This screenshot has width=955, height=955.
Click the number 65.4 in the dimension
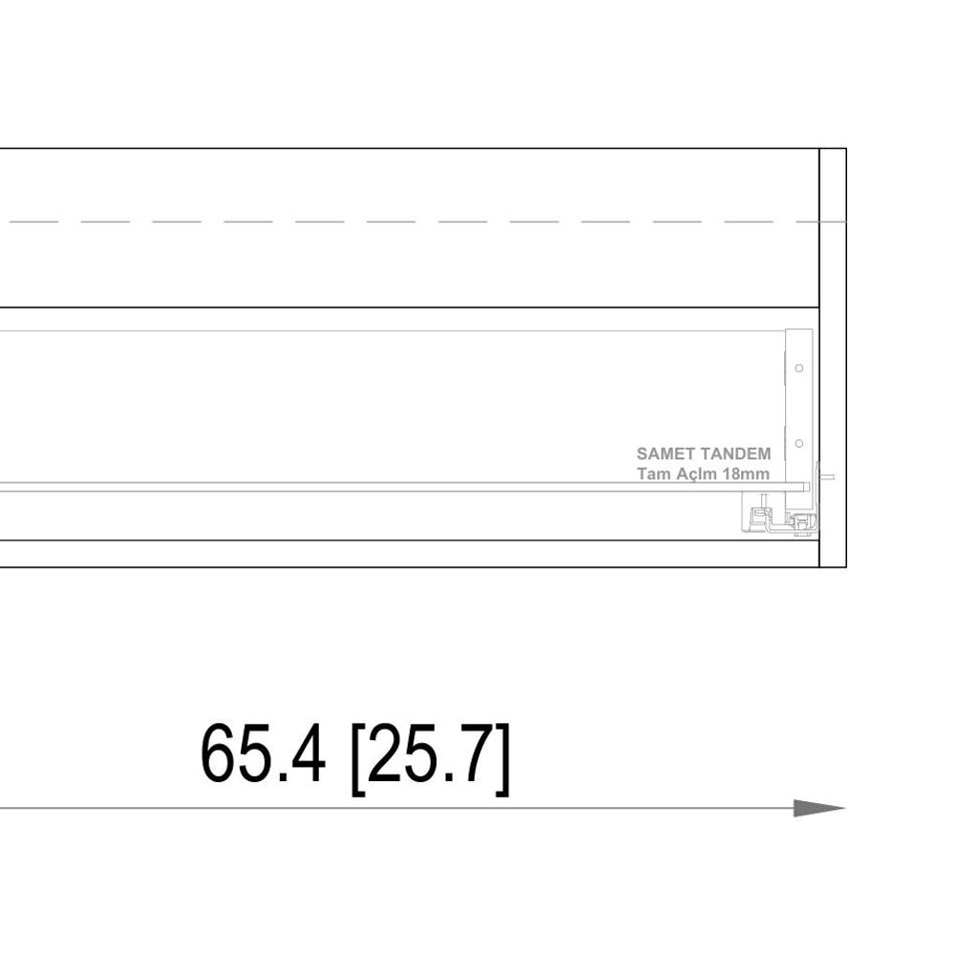coord(263,754)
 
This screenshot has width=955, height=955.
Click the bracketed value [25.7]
coord(430,758)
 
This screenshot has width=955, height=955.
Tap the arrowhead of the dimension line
coord(819,808)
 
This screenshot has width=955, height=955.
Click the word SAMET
coord(665,454)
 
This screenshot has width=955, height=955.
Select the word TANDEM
coord(734,454)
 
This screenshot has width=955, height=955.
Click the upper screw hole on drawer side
coord(799,368)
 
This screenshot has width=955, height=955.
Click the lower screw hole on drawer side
coord(799,443)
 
